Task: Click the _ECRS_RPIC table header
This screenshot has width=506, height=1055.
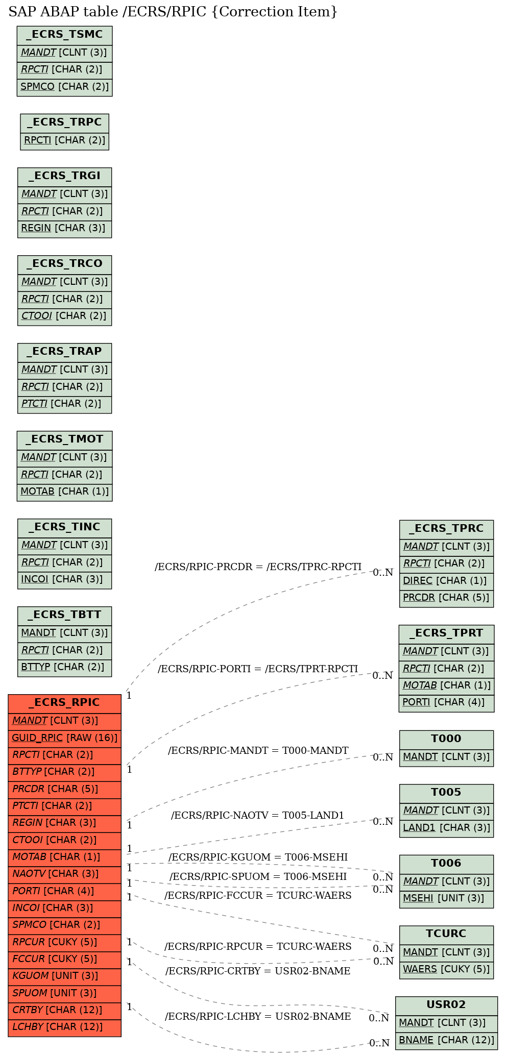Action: [x=64, y=703]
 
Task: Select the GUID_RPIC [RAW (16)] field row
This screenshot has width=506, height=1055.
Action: [x=64, y=738]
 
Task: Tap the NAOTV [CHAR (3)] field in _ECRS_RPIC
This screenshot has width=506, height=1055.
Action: [x=64, y=874]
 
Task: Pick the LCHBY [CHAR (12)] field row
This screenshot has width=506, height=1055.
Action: [x=64, y=1027]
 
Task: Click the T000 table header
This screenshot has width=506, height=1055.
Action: [x=446, y=739]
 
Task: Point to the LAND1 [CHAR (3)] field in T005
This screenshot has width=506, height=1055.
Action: [x=446, y=827]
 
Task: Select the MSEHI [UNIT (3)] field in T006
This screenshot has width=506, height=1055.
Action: [x=446, y=898]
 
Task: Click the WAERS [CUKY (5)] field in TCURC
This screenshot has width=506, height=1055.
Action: [x=446, y=969]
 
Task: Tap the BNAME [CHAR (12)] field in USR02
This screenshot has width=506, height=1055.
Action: [x=446, y=1040]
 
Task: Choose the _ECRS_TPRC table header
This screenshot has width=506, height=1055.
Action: [x=446, y=528]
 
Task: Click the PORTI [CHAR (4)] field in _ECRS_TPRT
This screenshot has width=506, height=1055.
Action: [x=446, y=702]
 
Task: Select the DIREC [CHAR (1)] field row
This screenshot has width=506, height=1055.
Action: [x=446, y=580]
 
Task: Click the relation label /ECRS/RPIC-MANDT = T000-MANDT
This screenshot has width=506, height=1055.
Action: [x=258, y=750]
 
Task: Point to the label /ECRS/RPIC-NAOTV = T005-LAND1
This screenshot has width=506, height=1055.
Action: [x=258, y=815]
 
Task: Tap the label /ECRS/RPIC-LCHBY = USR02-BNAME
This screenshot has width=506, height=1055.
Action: [x=258, y=1016]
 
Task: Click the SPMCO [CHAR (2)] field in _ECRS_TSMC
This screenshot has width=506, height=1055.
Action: [x=64, y=86]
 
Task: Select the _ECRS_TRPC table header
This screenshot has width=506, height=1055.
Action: [x=64, y=122]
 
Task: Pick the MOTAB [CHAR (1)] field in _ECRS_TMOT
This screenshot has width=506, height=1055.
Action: [x=64, y=491]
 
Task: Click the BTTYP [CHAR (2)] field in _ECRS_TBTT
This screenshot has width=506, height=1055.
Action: [x=64, y=667]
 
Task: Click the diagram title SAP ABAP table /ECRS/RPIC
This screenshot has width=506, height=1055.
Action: [x=173, y=12]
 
